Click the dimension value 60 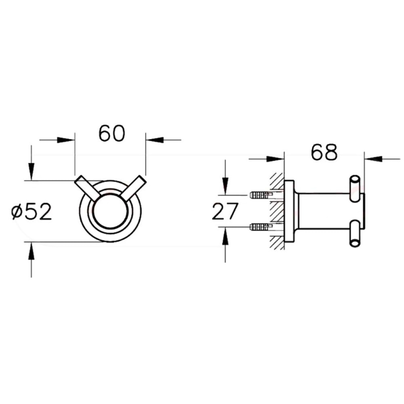click(112, 133)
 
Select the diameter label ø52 click(32, 211)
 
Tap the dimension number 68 click(324, 152)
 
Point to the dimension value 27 click(224, 211)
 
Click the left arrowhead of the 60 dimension click(66, 140)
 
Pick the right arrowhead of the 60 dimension click(155, 140)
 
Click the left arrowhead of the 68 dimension click(275, 159)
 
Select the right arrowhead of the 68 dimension click(373, 159)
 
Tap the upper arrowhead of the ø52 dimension click(31, 172)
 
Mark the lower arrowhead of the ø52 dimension click(31, 251)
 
